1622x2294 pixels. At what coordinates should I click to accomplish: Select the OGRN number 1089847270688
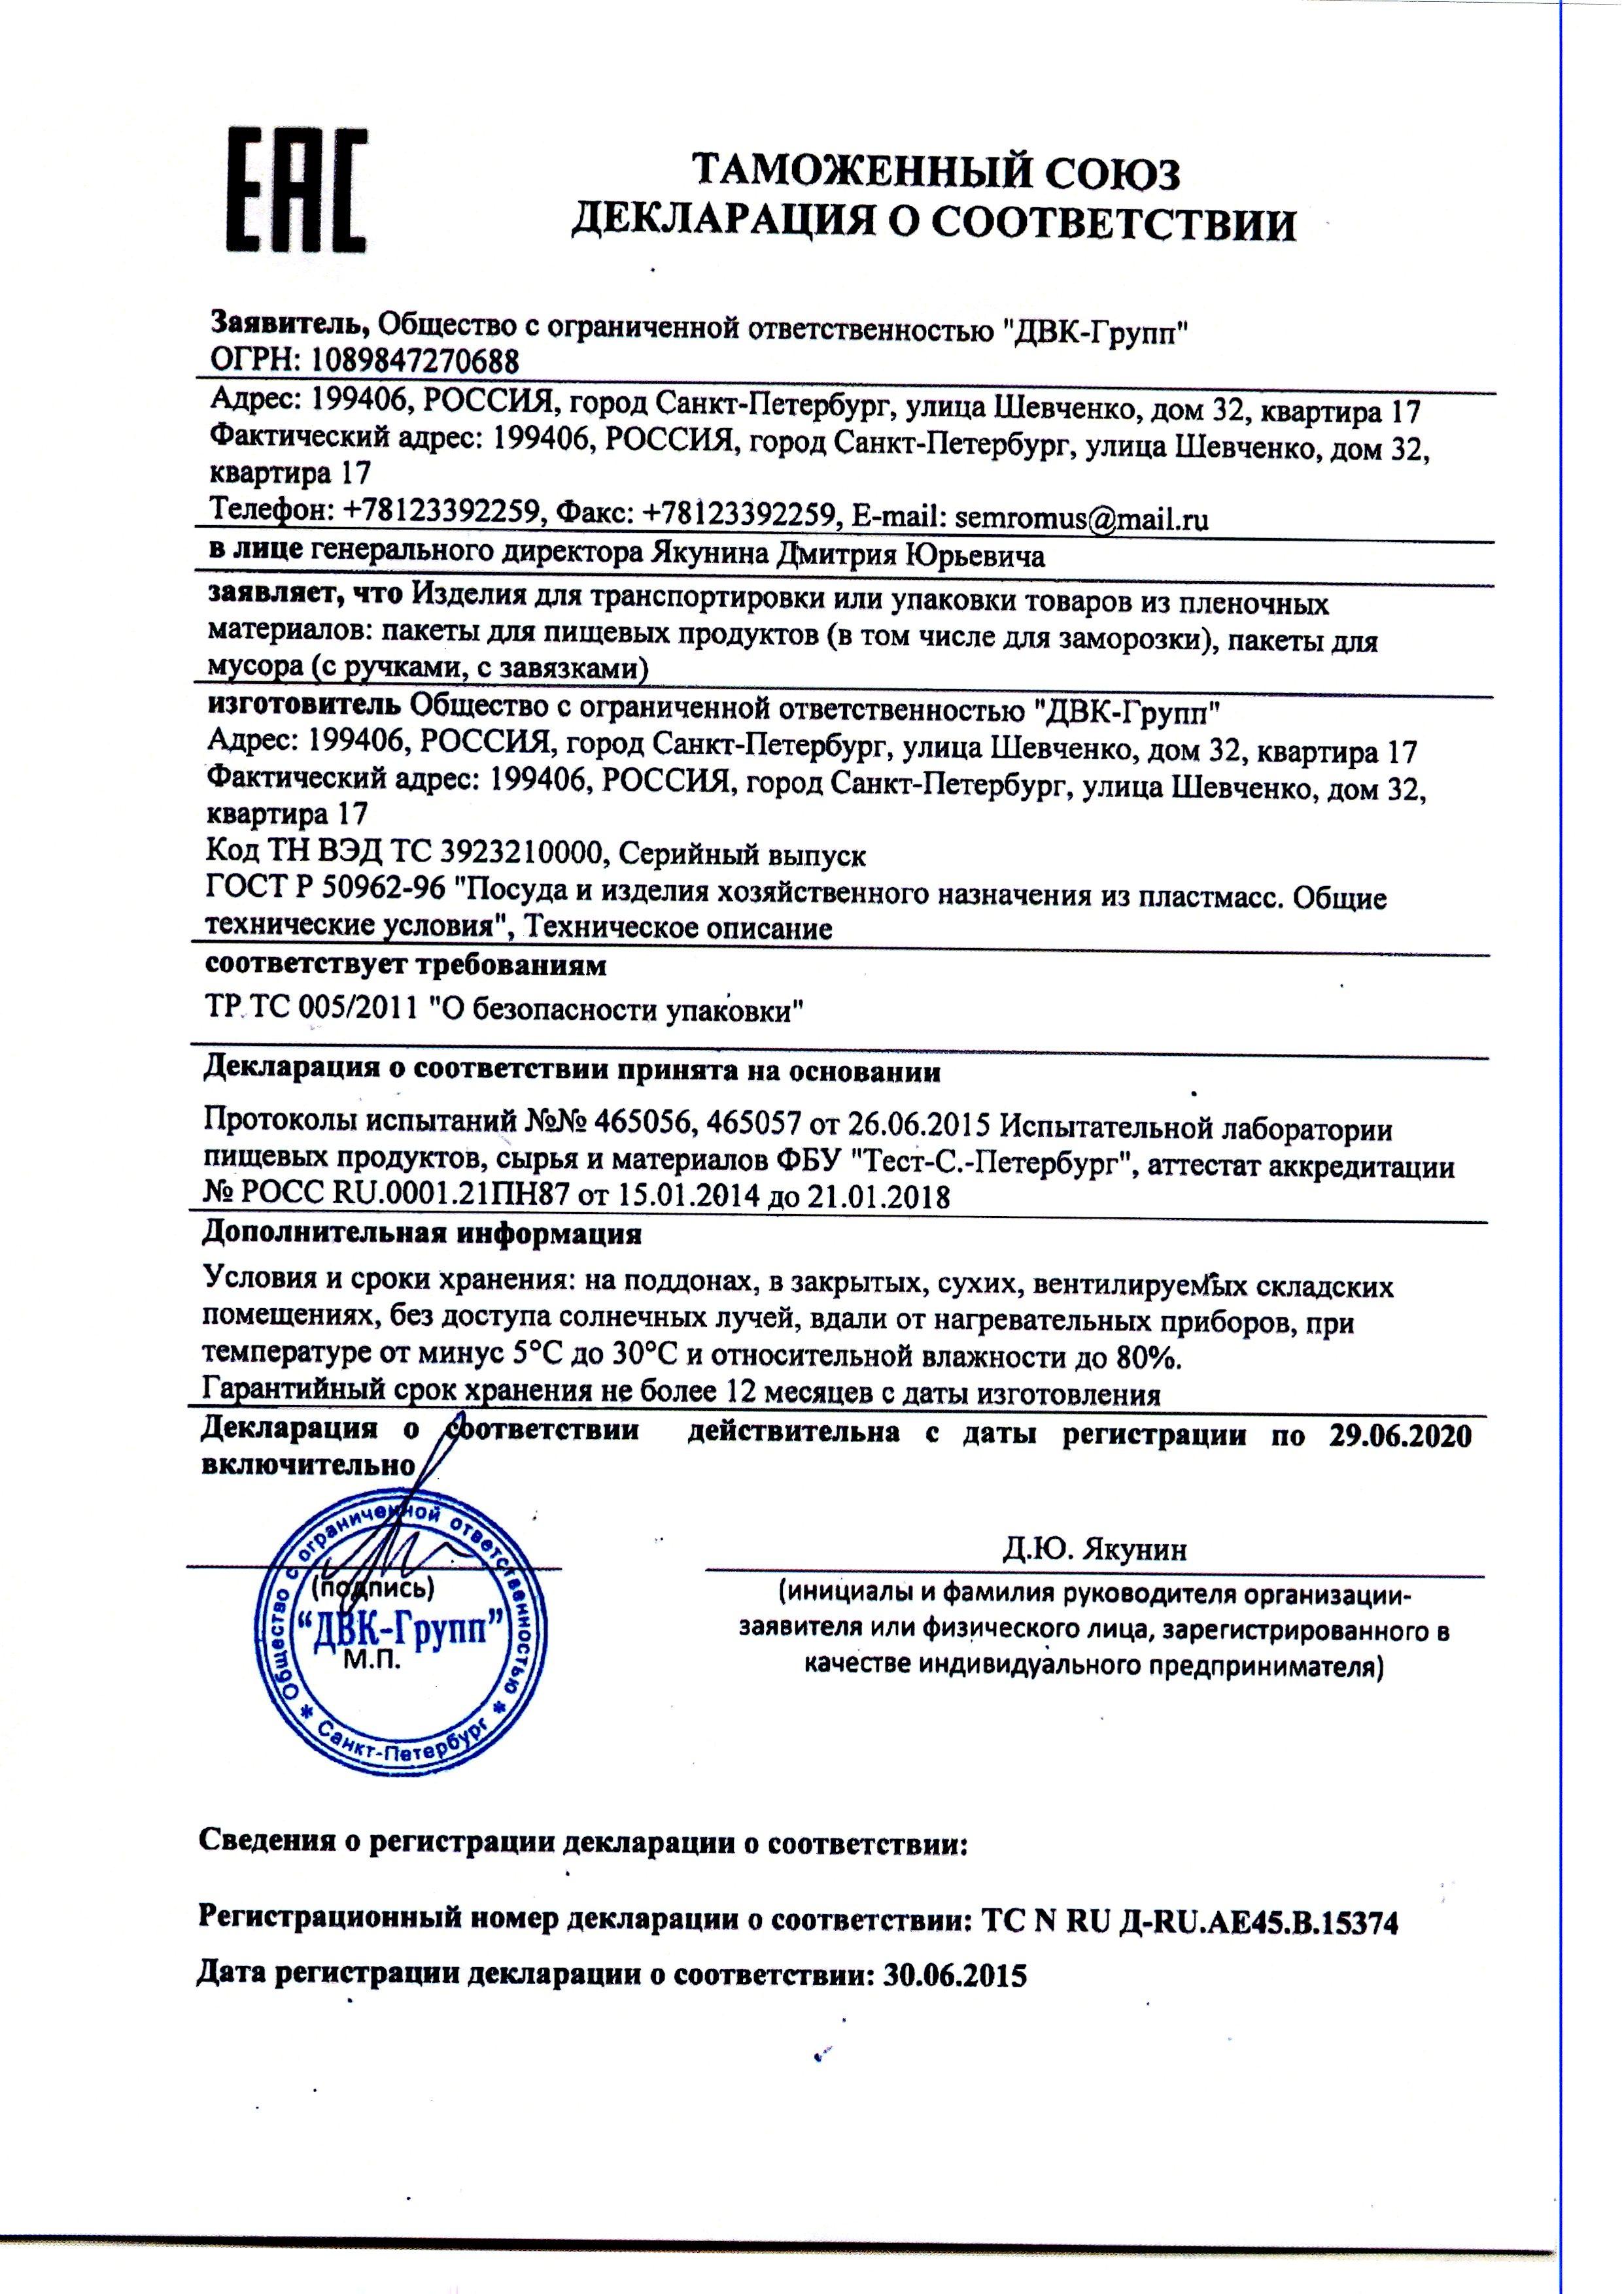pos(417,359)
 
